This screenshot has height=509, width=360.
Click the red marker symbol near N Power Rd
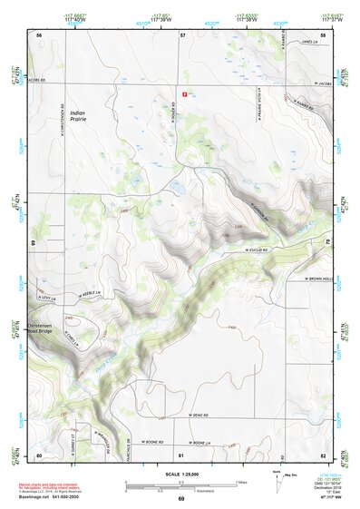tap(185, 93)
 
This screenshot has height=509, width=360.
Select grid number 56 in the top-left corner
tap(39, 34)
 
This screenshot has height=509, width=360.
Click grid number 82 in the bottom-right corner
tap(323, 454)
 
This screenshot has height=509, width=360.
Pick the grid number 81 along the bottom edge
tap(181, 454)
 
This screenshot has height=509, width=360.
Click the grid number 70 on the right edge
tap(326, 242)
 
